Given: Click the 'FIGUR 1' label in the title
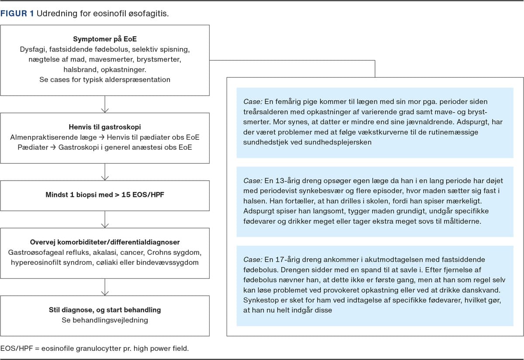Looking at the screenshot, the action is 17,14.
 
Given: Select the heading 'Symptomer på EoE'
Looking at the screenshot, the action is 105,39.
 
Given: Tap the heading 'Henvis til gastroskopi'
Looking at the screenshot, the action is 105,127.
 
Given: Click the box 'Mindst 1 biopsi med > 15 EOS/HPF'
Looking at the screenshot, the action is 105,195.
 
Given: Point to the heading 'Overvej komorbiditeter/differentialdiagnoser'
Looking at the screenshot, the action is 105,242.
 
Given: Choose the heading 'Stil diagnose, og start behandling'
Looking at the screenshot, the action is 105,310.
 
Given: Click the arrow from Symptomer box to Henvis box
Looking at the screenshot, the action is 105,104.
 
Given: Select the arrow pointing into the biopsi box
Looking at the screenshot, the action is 105,172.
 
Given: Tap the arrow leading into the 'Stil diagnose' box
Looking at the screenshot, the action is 105,287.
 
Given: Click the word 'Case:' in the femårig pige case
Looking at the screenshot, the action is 253,102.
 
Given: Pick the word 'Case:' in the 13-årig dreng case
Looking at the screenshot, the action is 253,181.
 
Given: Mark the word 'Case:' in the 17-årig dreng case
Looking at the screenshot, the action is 253,260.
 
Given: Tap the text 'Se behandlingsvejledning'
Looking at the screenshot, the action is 105,320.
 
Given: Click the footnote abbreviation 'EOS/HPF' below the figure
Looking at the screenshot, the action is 17,349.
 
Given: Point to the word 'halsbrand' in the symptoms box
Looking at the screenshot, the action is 80,70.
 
